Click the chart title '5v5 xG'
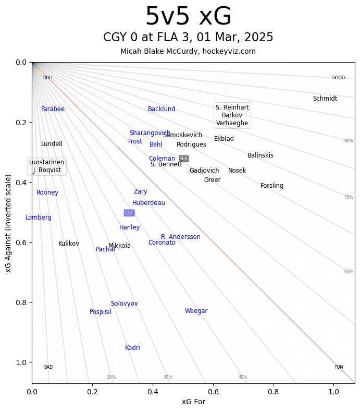pyautogui.click(x=188, y=17)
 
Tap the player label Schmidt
pyautogui.click(x=325, y=99)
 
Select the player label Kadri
pyautogui.click(x=132, y=348)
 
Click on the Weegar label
pyautogui.click(x=196, y=311)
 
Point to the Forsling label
pyautogui.click(x=272, y=186)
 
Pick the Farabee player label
pyautogui.click(x=53, y=109)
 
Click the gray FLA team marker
pyautogui.click(x=183, y=159)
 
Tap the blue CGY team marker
pyautogui.click(x=129, y=213)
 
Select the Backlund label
pyautogui.click(x=162, y=109)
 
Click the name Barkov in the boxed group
pyautogui.click(x=232, y=115)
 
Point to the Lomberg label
pyautogui.click(x=39, y=217)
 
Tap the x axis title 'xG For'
pyautogui.click(x=193, y=402)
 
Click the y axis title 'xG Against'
pyautogui.click(x=8, y=223)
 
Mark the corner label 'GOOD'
pyautogui.click(x=339, y=78)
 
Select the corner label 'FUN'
pyautogui.click(x=339, y=367)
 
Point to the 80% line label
pyautogui.click(x=349, y=141)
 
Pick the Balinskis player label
pyautogui.click(x=260, y=155)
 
